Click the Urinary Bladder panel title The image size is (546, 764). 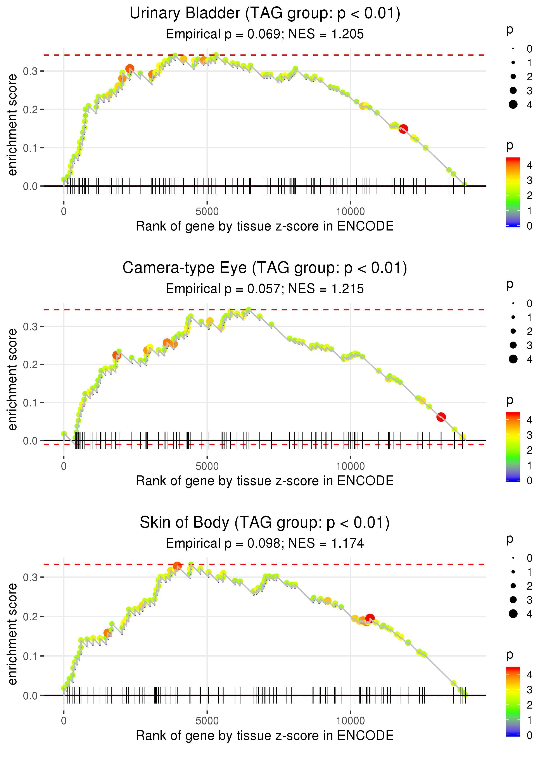pos(265,14)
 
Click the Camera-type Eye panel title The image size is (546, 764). pos(265,268)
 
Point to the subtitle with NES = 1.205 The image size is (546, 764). pos(265,34)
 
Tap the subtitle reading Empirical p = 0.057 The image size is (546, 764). pos(265,289)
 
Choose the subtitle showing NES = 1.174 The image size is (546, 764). pos(265,543)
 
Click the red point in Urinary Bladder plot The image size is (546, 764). pos(403,129)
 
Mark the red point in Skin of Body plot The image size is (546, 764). pos(370,618)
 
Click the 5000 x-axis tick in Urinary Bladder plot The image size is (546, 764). pos(207,212)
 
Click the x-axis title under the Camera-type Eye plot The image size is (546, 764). pos(265,481)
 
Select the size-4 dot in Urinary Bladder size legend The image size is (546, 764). pos(513,105)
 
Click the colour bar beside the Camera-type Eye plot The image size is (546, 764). pos(513,447)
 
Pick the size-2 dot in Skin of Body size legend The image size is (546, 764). pos(513,586)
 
